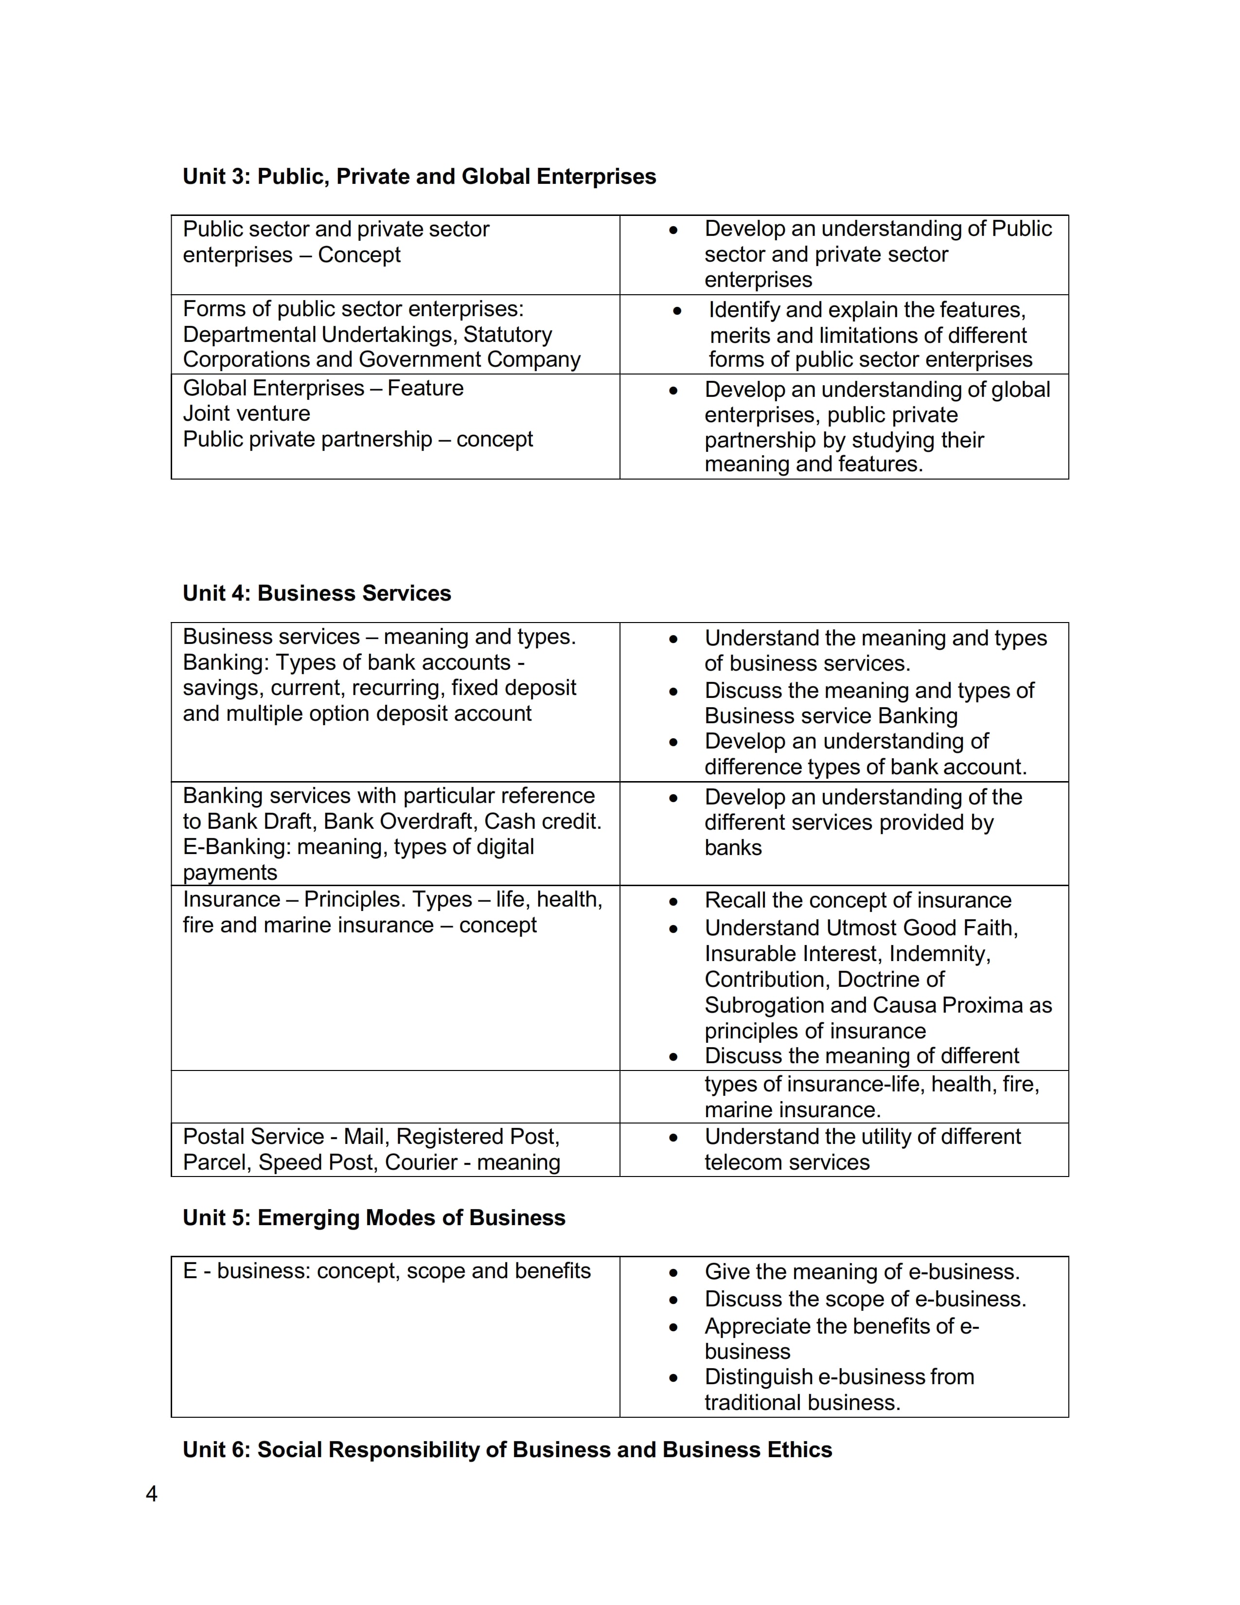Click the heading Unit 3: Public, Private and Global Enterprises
[419, 177]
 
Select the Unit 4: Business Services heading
[317, 594]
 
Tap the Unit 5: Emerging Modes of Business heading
[374, 1218]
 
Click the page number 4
[151, 1494]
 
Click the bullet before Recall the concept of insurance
[673, 902]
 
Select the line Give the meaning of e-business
[862, 1272]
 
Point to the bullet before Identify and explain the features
[676, 312]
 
